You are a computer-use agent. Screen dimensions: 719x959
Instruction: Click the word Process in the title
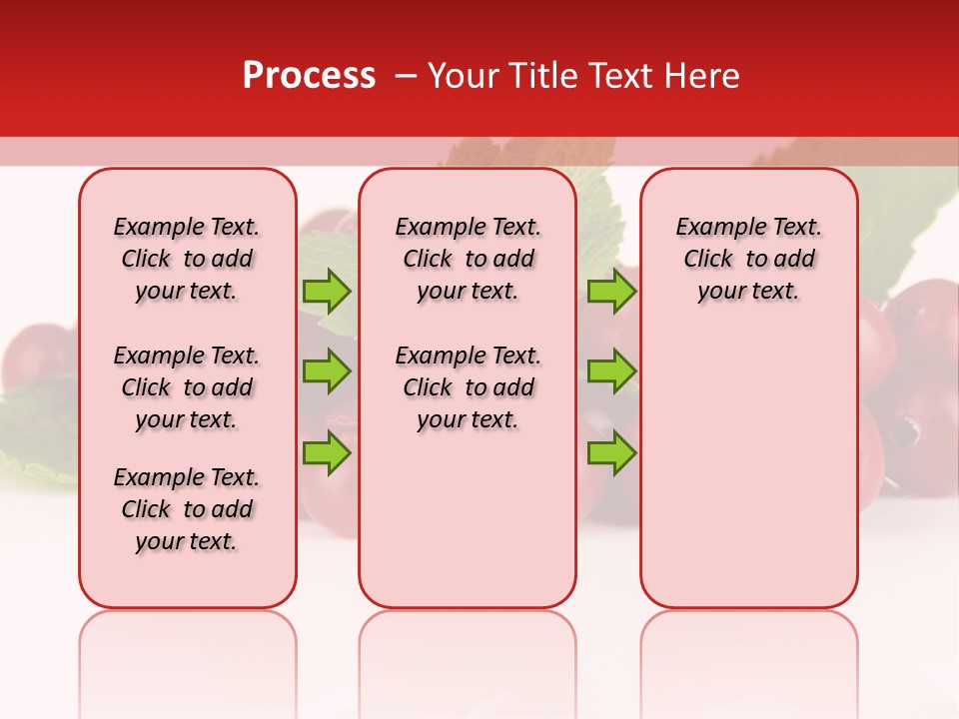(309, 76)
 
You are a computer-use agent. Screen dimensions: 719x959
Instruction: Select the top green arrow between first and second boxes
(326, 292)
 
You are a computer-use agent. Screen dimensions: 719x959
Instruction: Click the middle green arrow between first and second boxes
(326, 371)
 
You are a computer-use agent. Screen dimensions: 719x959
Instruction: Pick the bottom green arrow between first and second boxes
(326, 452)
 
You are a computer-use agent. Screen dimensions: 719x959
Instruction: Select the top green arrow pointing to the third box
(611, 292)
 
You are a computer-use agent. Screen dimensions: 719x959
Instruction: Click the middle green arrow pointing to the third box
(611, 371)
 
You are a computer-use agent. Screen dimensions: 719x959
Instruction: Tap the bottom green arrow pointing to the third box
(611, 452)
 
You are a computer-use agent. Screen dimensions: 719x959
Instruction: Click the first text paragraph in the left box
(187, 259)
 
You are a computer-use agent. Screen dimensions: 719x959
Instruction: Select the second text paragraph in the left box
(187, 387)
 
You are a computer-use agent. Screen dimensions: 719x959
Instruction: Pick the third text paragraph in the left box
(187, 509)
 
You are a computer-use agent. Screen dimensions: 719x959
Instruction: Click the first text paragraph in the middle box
(468, 259)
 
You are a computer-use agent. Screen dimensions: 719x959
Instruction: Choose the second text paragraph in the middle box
(468, 387)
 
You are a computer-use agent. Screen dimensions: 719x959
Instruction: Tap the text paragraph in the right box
(748, 259)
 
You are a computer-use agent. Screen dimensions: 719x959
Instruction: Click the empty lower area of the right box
(748, 479)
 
